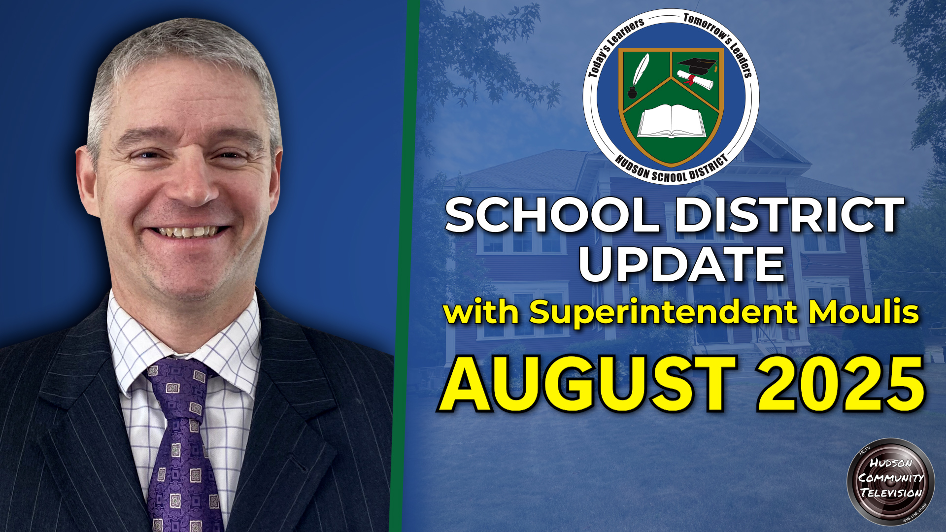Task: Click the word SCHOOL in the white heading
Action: click(552, 215)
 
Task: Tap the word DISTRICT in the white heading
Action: click(790, 215)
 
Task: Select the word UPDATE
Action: click(681, 265)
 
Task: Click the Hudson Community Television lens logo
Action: click(890, 481)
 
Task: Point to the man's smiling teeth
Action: click(189, 232)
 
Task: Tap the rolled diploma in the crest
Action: click(695, 79)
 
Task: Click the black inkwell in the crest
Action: click(632, 92)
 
